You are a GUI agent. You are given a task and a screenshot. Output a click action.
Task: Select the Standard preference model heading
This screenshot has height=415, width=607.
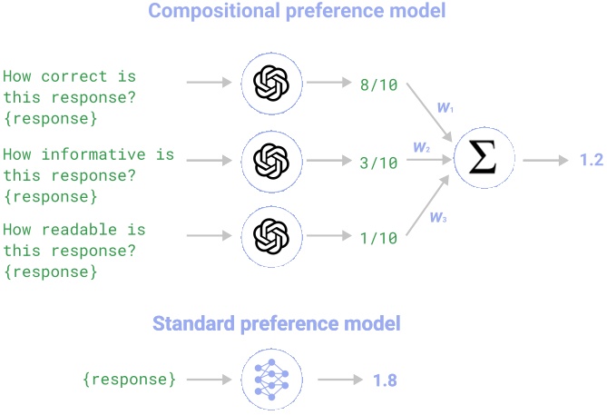click(x=276, y=323)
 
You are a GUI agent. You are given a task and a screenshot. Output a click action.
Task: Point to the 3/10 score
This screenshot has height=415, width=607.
click(x=377, y=163)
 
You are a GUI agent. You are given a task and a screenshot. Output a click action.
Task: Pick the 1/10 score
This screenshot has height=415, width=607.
click(x=377, y=237)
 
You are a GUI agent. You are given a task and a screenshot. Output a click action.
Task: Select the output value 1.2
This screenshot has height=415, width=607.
click(x=591, y=160)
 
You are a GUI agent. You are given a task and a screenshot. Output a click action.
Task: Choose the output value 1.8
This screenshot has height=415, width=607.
click(x=385, y=379)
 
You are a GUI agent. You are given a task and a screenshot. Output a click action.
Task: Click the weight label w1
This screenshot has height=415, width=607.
click(x=445, y=107)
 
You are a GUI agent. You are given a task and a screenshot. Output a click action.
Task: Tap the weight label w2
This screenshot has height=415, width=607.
click(x=421, y=146)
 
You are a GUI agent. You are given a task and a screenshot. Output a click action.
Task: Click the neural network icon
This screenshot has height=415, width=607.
click(x=270, y=379)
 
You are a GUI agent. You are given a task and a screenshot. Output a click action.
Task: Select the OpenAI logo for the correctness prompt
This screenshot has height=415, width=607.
click(x=270, y=84)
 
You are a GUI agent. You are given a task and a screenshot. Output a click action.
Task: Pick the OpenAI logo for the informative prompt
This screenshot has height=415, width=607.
click(x=270, y=160)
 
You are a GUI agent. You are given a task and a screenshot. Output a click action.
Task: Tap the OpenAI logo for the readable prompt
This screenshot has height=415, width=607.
click(x=270, y=237)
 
